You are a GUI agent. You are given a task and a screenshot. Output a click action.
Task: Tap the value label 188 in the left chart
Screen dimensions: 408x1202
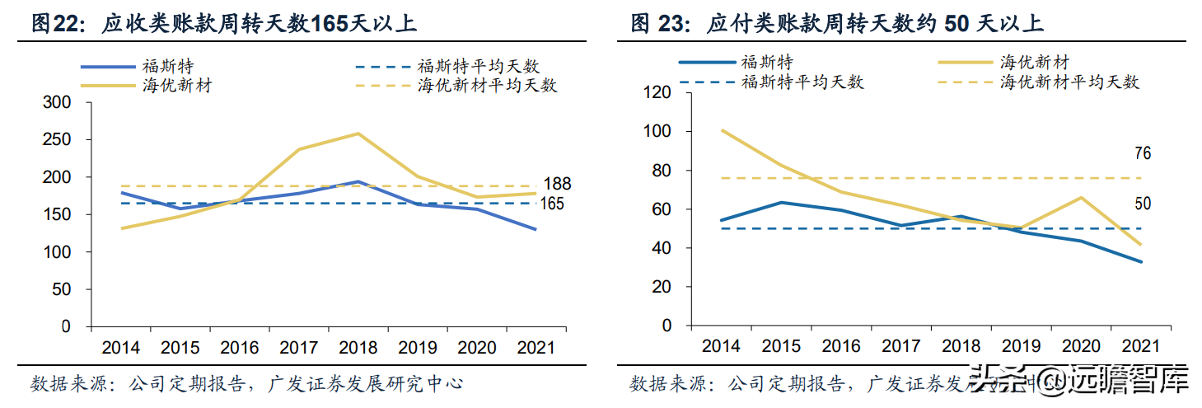point(557,184)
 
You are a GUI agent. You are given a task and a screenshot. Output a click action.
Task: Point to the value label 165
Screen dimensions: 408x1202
point(552,204)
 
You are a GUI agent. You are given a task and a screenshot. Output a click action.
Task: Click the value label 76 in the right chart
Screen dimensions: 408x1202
point(1142,153)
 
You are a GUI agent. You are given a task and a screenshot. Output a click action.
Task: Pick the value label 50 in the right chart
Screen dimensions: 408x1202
point(1142,204)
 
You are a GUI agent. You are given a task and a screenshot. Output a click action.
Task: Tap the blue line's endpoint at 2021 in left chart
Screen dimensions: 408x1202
point(536,229)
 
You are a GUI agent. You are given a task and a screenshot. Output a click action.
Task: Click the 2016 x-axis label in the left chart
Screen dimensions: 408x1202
point(239,347)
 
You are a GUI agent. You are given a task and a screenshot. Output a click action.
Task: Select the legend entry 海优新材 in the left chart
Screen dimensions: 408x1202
point(177,84)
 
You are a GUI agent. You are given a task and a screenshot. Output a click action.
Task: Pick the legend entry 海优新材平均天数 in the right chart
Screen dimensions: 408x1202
point(1069,82)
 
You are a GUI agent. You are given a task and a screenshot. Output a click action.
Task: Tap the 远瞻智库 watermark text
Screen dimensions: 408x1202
point(1128,383)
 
